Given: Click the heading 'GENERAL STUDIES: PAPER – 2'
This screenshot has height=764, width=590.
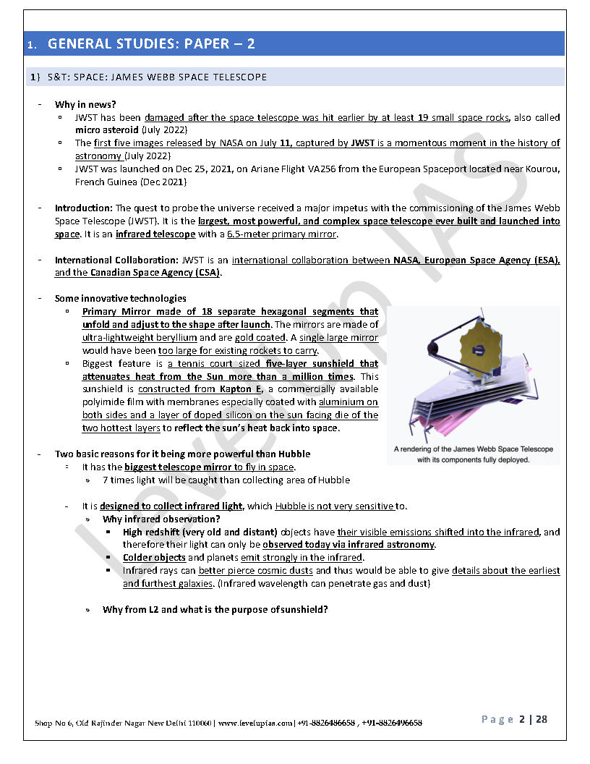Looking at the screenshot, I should [x=151, y=44].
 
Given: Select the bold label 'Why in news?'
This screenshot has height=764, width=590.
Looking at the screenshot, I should [x=80, y=104].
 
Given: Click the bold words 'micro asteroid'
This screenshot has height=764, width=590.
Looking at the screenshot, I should [x=107, y=130].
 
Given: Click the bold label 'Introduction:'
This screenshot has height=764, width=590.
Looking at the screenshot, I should [x=84, y=208].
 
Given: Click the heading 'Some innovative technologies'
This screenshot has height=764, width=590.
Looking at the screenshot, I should [x=121, y=298].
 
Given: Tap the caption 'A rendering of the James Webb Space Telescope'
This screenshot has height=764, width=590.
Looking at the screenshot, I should [x=474, y=449].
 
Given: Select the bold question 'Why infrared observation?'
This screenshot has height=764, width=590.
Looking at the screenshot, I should [x=161, y=519].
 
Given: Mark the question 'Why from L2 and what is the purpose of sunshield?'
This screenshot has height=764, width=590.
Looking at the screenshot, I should [x=215, y=609].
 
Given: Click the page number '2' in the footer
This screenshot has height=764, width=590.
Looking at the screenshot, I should [x=521, y=719].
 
